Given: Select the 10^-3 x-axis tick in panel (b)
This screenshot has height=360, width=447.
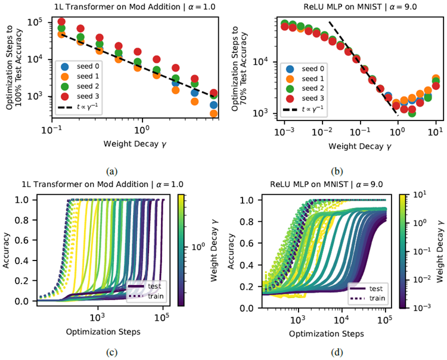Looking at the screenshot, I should point(284,131).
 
